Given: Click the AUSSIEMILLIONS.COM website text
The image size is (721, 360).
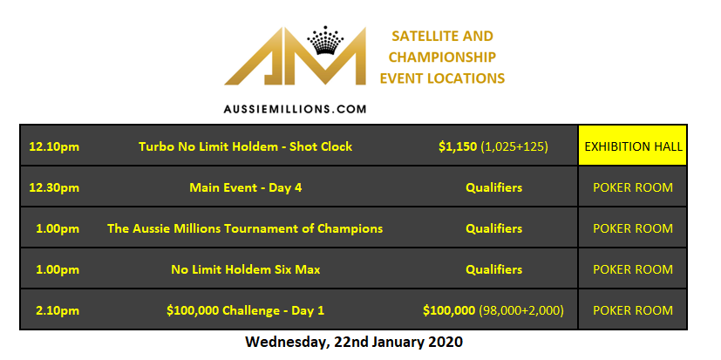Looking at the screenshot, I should click(x=295, y=110).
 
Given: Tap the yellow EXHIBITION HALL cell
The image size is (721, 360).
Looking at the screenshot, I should click(x=633, y=146).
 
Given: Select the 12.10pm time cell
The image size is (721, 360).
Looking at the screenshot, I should click(x=54, y=146).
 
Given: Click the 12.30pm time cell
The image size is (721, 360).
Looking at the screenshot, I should click(x=54, y=187).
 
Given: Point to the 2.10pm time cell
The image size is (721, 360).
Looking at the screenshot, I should click(x=58, y=310).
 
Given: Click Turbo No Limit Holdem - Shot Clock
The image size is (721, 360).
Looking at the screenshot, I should click(x=245, y=146).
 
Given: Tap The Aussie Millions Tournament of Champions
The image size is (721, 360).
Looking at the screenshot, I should click(x=245, y=228).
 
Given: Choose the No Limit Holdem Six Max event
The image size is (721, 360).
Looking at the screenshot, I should click(x=245, y=269).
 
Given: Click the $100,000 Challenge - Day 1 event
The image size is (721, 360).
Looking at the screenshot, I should click(x=245, y=310).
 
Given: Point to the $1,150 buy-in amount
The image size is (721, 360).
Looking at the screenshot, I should click(x=458, y=146).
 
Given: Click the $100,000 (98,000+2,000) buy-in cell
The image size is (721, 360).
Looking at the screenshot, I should click(x=493, y=310).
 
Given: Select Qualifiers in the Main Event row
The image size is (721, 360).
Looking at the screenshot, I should click(x=493, y=187).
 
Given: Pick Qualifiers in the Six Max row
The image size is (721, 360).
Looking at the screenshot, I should click(x=493, y=269).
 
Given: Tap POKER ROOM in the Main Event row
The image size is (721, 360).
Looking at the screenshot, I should click(x=633, y=187).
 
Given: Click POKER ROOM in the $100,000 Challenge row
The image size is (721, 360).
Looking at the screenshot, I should click(x=633, y=310).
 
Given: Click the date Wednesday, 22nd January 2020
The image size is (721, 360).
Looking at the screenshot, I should click(x=353, y=340).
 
